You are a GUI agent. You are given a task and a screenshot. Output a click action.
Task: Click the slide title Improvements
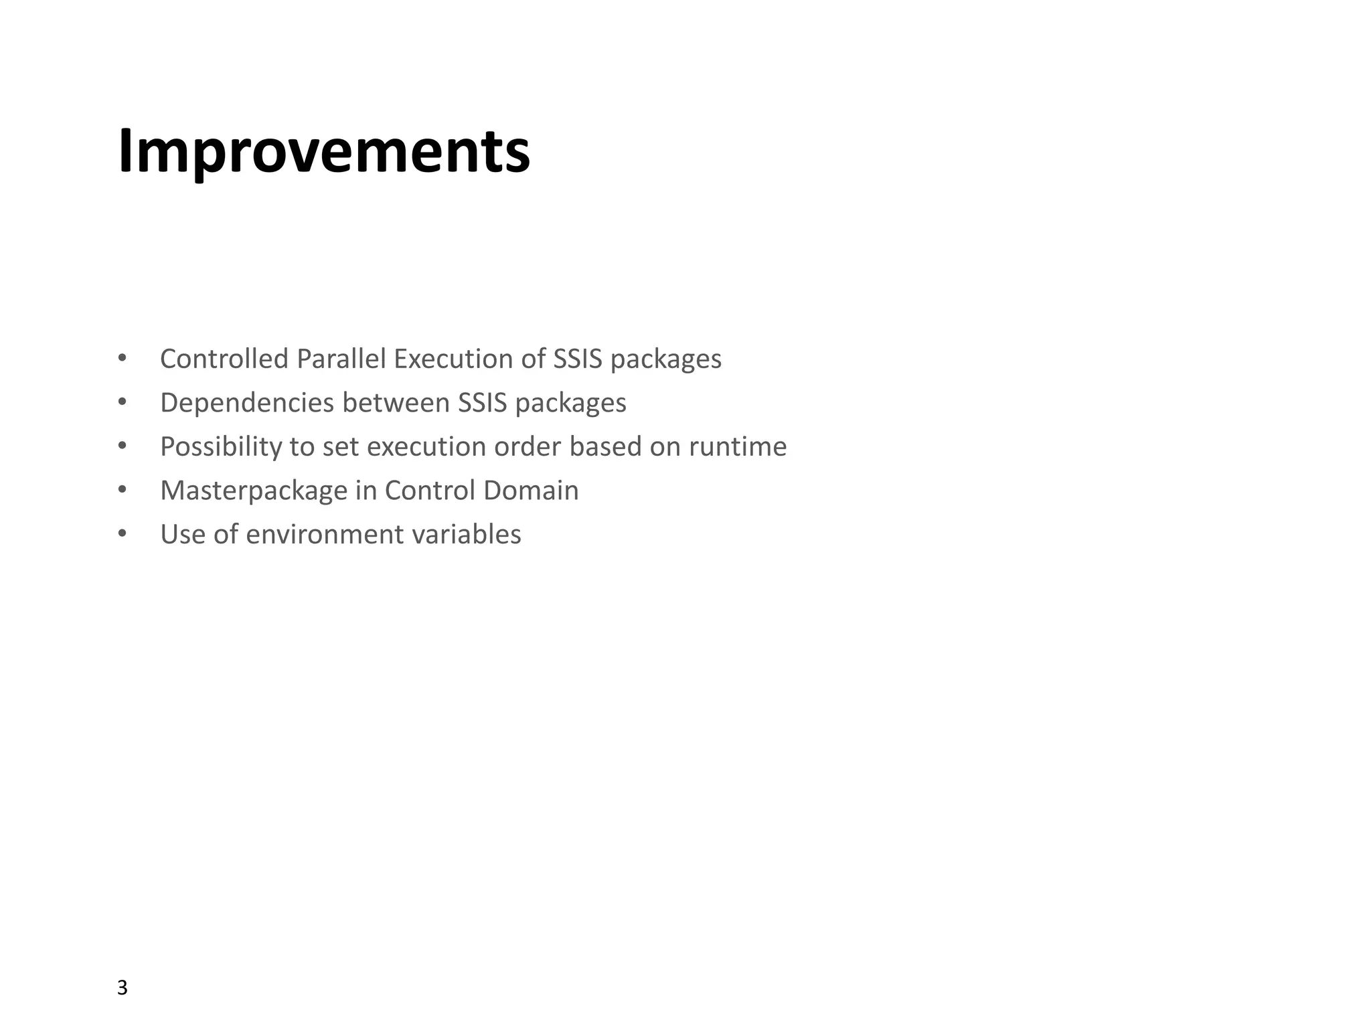click(324, 151)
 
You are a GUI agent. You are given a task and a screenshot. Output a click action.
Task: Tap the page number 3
click(122, 987)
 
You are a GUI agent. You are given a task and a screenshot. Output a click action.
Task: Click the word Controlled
click(224, 359)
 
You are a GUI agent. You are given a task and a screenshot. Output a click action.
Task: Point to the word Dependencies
click(247, 403)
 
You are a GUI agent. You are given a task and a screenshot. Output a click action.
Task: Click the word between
click(396, 403)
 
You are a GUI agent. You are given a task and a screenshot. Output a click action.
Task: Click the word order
click(528, 446)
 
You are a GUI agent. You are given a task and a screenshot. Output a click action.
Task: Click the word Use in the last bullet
click(183, 534)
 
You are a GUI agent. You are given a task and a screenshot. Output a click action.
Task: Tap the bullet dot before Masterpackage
click(122, 490)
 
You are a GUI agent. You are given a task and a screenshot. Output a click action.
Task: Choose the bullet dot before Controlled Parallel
click(122, 359)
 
